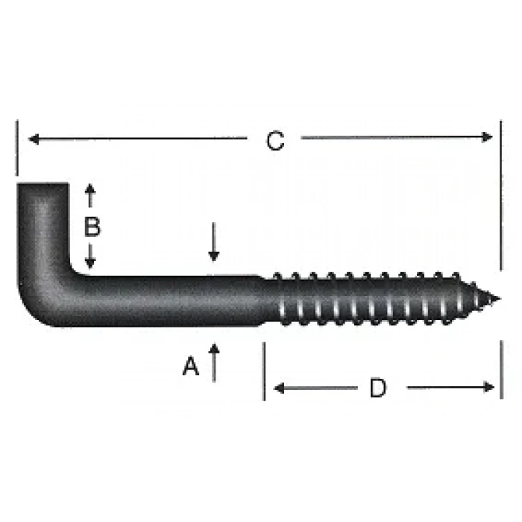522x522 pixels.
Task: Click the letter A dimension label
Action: click(192, 366)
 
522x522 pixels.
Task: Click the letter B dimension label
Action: click(91, 227)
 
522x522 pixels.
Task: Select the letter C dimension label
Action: click(275, 141)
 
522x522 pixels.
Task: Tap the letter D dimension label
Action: click(378, 388)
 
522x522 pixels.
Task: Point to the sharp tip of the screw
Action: click(497, 301)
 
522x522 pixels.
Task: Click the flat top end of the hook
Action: click(43, 184)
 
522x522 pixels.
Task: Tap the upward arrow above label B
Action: click(90, 192)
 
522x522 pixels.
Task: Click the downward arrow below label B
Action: click(90, 261)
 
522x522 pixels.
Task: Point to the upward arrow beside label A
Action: click(214, 350)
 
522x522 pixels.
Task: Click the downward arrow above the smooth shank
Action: click(214, 254)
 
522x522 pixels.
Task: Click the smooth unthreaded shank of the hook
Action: click(172, 301)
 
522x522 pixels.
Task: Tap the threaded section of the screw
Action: click(373, 301)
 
